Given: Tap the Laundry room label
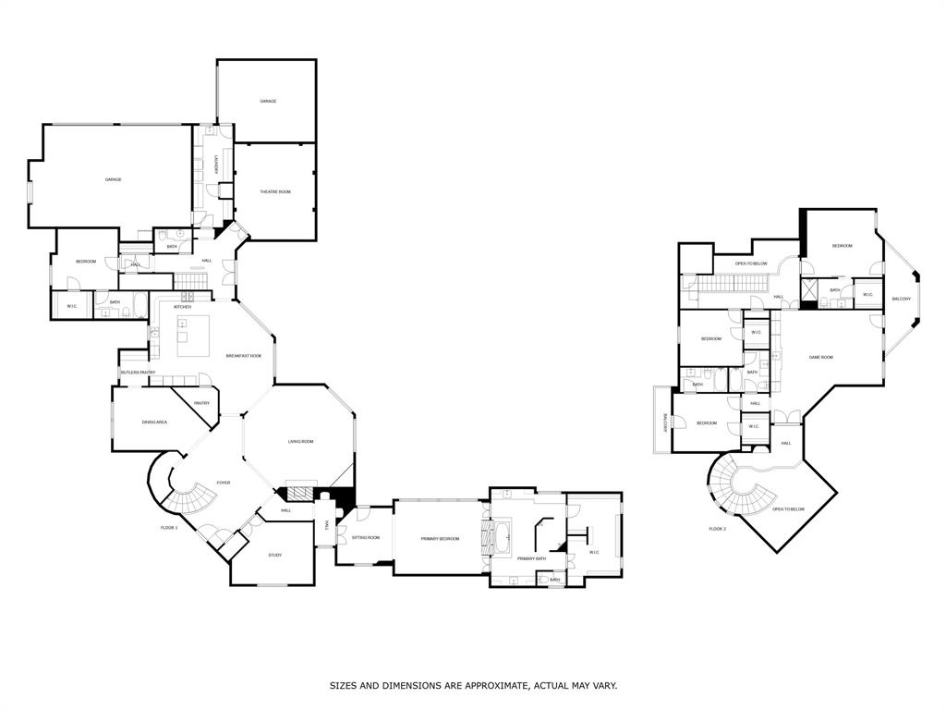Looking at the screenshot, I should (216, 164).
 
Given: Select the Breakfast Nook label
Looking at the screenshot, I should (244, 356).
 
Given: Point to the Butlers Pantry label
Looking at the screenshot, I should (138, 373).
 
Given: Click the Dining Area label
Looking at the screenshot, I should (154, 422).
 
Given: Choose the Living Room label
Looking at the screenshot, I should (300, 442).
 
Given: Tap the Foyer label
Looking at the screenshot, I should (224, 483).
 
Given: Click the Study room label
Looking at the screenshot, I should (275, 555).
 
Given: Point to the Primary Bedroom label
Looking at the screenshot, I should (440, 538).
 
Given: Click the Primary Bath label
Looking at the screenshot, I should (532, 558).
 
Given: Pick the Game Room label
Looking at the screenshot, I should (821, 357).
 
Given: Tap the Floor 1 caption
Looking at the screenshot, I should (169, 528).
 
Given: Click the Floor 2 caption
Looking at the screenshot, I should (718, 528).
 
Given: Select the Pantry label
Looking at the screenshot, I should (201, 403).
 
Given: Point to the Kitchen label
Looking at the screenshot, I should (182, 307).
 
